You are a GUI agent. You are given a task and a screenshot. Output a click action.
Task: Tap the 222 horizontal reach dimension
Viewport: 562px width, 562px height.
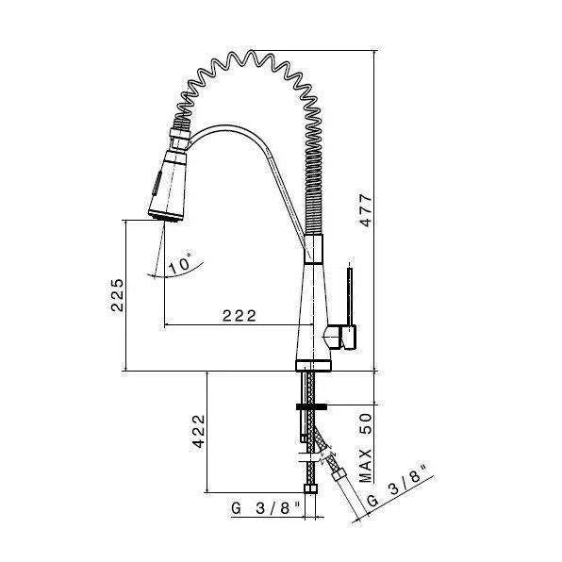240,317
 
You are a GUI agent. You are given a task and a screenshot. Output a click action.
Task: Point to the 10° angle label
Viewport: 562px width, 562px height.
178,264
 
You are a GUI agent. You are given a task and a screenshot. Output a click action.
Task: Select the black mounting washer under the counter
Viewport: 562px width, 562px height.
310,407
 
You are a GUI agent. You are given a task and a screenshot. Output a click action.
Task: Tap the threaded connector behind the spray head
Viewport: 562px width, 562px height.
180,127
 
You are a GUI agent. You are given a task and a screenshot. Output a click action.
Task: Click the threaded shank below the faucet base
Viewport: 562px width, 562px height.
310,387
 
